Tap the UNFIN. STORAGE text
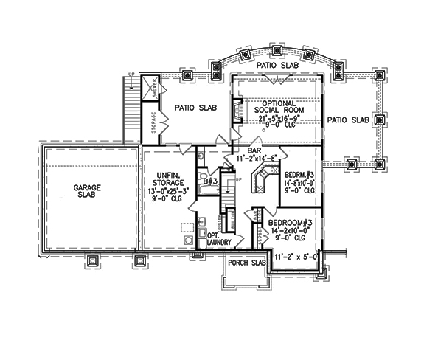coord(169,171)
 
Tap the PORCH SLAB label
coord(247,262)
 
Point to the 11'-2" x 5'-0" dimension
coord(295,257)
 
